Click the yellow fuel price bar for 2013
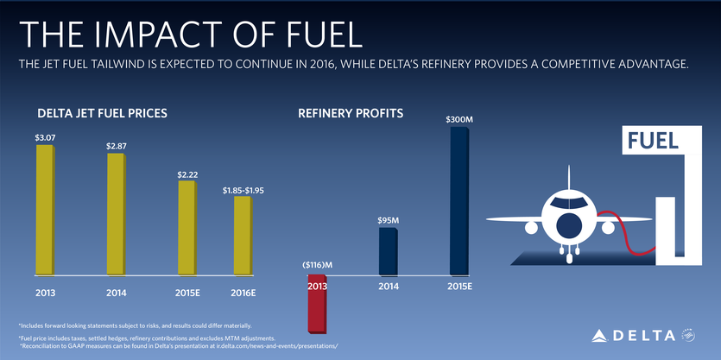(x=44, y=211)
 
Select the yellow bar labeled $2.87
(x=116, y=215)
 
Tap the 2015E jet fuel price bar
(x=187, y=229)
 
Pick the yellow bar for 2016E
(x=243, y=237)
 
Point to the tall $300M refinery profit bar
(x=459, y=203)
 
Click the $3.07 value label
(x=45, y=137)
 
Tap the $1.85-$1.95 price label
(x=243, y=189)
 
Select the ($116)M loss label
(x=317, y=263)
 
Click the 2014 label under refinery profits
(x=388, y=286)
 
